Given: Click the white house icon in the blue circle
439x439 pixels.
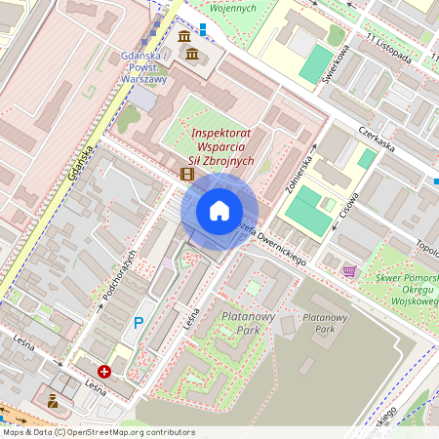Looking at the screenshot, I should click(x=219, y=211).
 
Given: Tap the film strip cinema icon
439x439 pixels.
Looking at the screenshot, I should click(x=186, y=175).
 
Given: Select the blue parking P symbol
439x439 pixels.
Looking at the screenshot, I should click(x=139, y=323).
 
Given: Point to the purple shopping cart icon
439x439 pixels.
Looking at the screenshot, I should click(x=349, y=270).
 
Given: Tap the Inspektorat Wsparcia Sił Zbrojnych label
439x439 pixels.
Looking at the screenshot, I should click(x=223, y=146).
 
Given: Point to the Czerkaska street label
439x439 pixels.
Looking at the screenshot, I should click(x=376, y=139).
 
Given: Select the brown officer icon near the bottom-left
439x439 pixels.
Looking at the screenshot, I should click(x=53, y=400).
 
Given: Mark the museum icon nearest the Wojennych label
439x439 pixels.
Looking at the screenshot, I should click(x=185, y=37).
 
